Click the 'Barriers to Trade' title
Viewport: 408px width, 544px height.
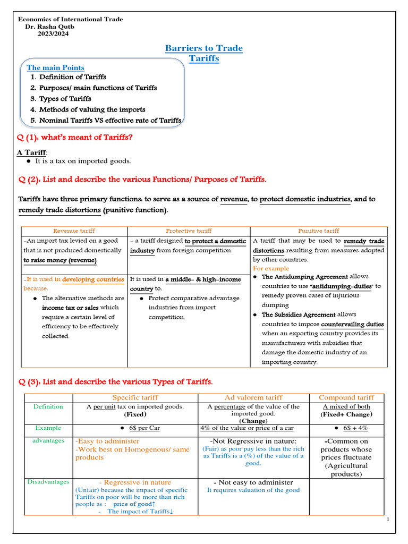[204, 48]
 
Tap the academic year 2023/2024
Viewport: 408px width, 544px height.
[53, 33]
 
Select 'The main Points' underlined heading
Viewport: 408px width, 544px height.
[55, 67]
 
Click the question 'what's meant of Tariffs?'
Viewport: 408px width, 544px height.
[75, 138]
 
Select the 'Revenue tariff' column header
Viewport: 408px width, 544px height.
[74, 231]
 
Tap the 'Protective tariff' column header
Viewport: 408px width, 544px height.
[189, 231]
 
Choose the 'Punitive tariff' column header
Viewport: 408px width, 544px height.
[318, 231]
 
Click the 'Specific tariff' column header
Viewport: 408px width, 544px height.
[135, 397]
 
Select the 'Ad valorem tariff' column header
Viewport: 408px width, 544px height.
[253, 397]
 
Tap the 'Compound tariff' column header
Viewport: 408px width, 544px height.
[346, 397]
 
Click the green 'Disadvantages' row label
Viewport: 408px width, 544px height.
[48, 482]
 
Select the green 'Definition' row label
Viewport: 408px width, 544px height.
[48, 406]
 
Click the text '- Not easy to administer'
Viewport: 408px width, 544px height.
[253, 482]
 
